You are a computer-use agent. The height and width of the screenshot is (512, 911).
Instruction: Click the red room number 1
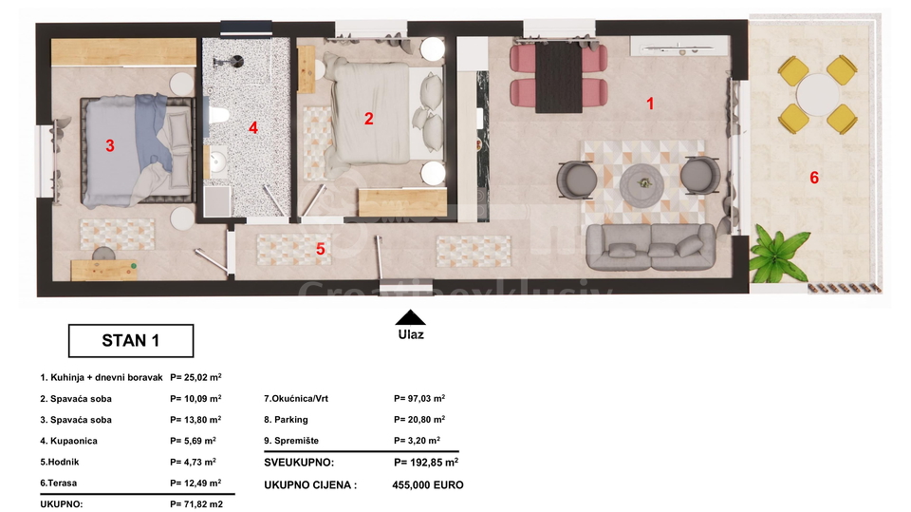pos(650,104)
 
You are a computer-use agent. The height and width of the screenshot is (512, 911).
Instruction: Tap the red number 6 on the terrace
pos(814,178)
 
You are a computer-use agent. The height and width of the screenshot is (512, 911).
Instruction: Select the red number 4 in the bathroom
pos(252,127)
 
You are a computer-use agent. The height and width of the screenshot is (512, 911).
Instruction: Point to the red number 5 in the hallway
pos(320,249)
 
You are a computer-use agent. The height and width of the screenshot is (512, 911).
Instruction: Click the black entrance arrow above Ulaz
pos(410,317)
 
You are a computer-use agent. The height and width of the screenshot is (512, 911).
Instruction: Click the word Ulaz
pos(411,334)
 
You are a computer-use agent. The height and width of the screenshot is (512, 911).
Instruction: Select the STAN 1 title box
pos(131,340)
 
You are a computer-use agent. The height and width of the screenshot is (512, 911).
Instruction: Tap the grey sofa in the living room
pos(650,247)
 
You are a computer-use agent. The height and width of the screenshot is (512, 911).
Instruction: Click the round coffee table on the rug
pos(641,185)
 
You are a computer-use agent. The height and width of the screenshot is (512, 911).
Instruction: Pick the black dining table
pos(558,77)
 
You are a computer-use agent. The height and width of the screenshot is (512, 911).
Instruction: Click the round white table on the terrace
pos(817,94)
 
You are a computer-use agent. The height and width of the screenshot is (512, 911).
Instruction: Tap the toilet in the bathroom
pos(217,115)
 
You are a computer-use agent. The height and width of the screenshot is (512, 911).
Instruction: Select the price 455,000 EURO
pos(428,484)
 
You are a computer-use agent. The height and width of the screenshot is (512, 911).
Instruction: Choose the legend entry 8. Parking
pos(286,420)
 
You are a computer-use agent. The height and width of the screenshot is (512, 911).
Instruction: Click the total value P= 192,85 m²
pos(426,462)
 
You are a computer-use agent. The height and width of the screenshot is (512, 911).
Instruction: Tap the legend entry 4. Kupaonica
pos(68,441)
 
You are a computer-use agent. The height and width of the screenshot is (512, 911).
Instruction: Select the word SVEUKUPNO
pos(299,463)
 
